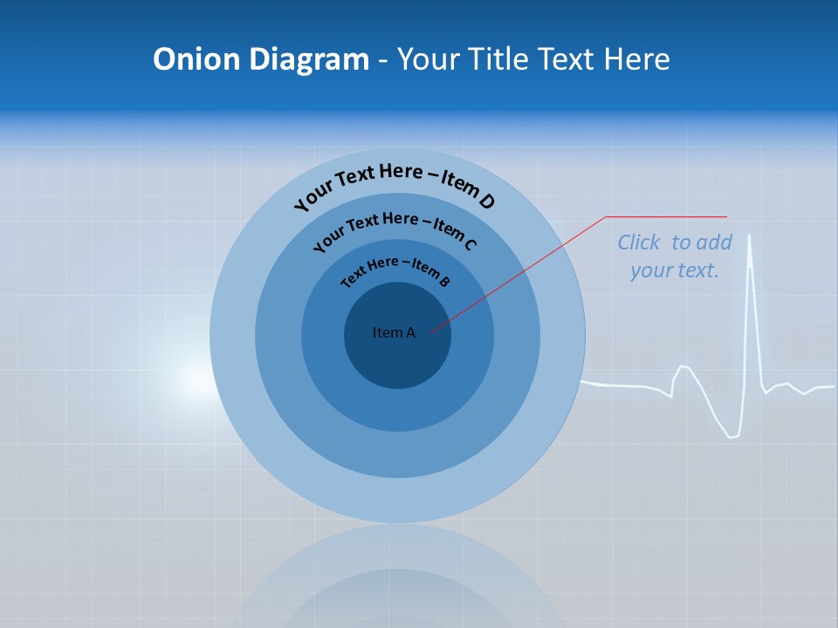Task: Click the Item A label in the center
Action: [x=394, y=332]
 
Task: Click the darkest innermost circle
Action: [x=398, y=358]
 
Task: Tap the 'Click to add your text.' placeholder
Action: [x=675, y=256]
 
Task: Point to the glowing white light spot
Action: [x=197, y=381]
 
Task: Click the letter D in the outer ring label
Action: [x=487, y=202]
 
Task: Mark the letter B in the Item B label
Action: [x=444, y=281]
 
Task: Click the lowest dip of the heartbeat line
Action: [x=733, y=436]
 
